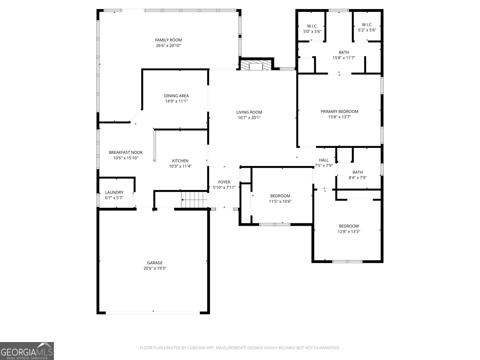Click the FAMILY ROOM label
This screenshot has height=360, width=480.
168,40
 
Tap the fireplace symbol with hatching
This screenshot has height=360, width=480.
256,65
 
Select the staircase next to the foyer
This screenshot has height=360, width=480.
194,200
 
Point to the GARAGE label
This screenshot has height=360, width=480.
155,263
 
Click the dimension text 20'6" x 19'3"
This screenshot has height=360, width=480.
155,268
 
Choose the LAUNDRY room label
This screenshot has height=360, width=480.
114,192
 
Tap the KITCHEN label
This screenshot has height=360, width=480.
180,161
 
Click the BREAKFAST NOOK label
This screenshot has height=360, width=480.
126,152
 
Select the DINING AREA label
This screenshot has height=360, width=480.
176,96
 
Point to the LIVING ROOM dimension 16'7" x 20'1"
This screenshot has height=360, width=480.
249,118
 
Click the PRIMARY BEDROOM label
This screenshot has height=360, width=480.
339,112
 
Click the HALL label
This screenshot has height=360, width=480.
324,160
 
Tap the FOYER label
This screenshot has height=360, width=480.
224,182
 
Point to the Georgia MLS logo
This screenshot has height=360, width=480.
27,351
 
